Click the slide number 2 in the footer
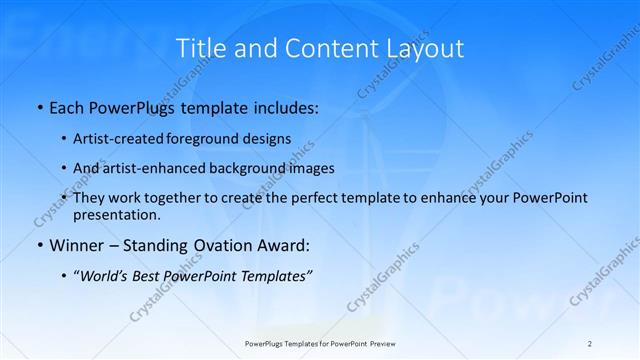coord(590,343)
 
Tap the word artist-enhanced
coord(145,168)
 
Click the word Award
coord(283,245)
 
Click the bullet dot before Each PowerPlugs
coord(38,106)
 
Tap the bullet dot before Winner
coord(38,245)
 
